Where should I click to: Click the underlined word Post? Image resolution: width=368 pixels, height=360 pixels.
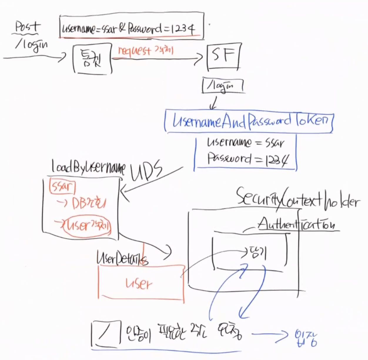click(x=27, y=27)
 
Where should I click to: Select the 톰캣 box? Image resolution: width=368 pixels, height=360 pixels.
click(x=92, y=59)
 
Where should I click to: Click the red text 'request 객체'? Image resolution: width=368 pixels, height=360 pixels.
click(x=145, y=51)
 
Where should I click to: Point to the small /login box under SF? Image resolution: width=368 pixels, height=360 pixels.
click(x=223, y=86)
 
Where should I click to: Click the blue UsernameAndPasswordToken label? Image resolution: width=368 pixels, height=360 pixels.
click(x=249, y=121)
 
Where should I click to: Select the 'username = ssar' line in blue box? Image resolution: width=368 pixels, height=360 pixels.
click(x=245, y=143)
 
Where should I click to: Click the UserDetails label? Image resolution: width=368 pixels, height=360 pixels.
click(x=122, y=258)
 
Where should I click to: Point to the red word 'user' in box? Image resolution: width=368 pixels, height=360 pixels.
click(x=139, y=284)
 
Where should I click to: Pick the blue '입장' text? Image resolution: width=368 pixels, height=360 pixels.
click(x=306, y=338)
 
